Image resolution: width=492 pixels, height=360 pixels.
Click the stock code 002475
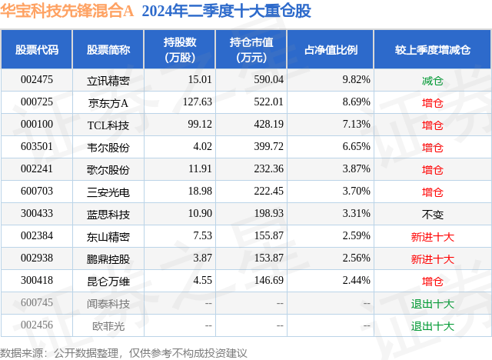[36, 79]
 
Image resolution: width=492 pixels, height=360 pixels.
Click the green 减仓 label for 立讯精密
[433, 79]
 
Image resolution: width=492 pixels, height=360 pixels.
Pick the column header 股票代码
[37, 49]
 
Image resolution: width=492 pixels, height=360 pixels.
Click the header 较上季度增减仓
[433, 49]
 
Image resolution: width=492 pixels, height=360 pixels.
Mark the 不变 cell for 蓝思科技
[433, 214]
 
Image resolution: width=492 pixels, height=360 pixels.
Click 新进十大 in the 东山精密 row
[433, 237]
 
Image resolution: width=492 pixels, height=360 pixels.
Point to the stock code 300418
[36, 282]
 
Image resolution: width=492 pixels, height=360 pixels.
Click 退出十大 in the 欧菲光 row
[433, 326]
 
